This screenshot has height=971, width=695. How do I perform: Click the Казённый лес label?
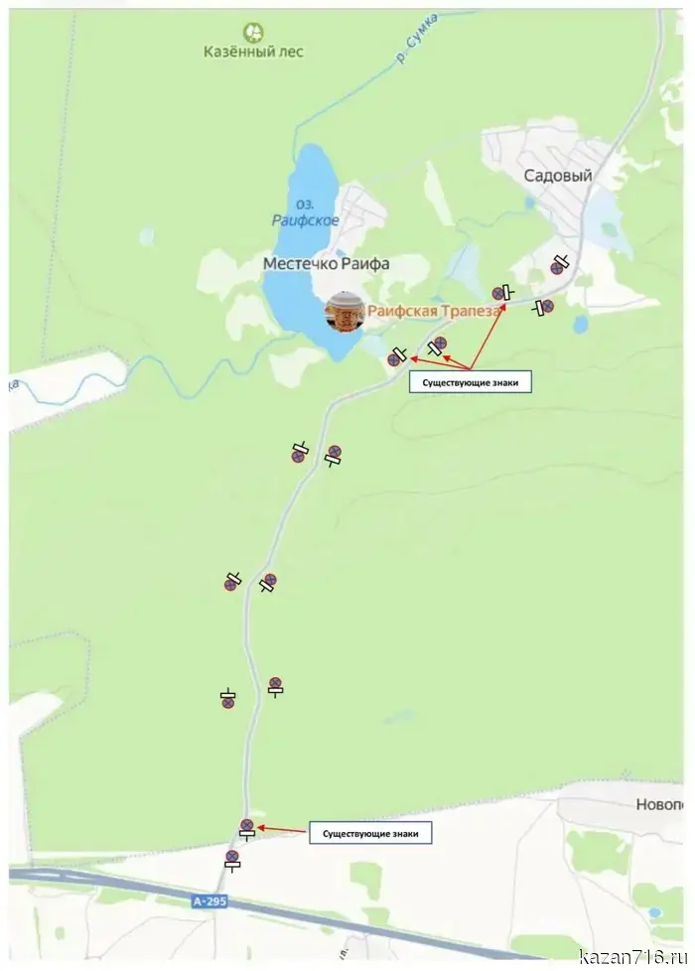[x=254, y=52]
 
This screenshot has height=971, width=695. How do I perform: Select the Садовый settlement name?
[x=558, y=176]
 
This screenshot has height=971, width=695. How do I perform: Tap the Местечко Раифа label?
[x=326, y=264]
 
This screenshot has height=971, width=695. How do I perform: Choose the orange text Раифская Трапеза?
[x=434, y=311]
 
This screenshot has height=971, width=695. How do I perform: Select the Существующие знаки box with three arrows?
[x=470, y=381]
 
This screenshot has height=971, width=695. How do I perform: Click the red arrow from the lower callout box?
[x=283, y=828]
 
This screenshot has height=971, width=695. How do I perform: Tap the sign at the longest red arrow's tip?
[x=499, y=293]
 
